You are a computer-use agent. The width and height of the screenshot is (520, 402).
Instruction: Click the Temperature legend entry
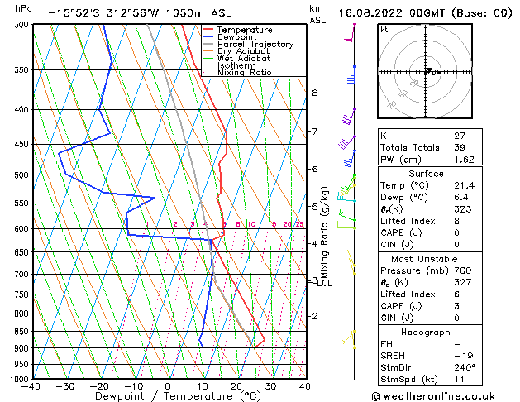246,30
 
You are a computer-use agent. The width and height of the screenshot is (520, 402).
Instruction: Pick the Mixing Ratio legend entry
244,73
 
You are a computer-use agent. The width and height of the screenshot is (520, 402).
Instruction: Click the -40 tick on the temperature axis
31,386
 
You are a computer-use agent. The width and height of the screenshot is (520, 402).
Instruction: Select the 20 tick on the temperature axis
236,386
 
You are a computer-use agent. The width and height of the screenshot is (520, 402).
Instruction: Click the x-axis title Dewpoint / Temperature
168,396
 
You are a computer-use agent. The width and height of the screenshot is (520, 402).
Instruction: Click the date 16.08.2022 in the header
371,13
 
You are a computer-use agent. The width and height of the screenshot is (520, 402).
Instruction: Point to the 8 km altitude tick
314,93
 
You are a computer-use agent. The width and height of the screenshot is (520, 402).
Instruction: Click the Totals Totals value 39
459,146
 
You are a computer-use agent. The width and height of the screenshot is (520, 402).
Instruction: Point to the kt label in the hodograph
384,30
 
